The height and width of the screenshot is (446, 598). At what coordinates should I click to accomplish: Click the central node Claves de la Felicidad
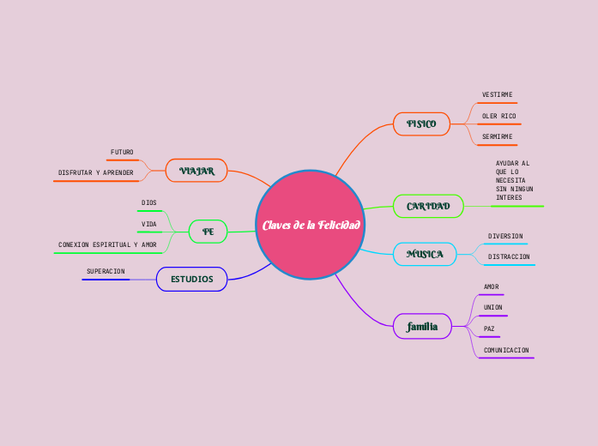[311, 225]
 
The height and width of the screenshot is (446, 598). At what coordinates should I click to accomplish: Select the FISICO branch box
[421, 124]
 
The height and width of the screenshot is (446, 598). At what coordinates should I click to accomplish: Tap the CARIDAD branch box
[428, 206]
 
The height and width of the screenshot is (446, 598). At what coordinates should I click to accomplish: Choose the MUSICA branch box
[425, 254]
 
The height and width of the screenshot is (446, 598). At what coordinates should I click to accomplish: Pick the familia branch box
[422, 326]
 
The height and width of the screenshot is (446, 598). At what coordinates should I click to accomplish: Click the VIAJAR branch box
[196, 171]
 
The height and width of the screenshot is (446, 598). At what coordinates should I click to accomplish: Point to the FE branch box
[208, 232]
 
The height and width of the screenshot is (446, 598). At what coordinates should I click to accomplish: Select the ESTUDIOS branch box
[191, 279]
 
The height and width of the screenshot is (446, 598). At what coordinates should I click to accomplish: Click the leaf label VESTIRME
[498, 94]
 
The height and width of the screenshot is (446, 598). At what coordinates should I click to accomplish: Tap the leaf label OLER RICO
[498, 116]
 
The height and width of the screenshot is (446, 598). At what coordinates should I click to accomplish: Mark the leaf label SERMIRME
[498, 136]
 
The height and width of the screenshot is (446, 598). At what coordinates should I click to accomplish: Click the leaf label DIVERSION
[505, 236]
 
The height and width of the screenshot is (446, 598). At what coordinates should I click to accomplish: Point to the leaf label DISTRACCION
[509, 256]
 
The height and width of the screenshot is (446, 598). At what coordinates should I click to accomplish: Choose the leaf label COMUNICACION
[506, 350]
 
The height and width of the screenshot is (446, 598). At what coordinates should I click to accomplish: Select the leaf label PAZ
[489, 328]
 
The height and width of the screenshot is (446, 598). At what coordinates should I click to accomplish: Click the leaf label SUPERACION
[106, 271]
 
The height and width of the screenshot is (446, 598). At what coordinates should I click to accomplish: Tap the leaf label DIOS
[149, 202]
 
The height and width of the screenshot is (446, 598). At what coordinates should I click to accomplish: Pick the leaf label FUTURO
[122, 152]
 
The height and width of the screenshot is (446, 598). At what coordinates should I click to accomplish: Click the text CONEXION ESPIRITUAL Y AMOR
[107, 244]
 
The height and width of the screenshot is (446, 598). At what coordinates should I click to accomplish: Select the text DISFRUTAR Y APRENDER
[95, 172]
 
